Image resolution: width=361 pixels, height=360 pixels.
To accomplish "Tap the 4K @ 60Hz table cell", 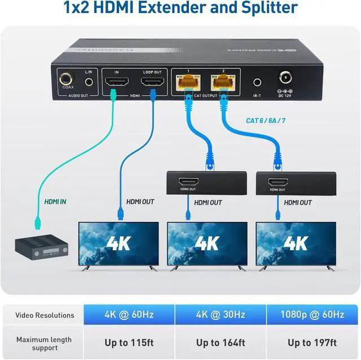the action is pos(129,315).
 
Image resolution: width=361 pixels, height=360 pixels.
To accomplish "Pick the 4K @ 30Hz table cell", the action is pos(221,315).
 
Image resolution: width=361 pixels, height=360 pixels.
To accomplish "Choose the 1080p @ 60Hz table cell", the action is pos(312,315).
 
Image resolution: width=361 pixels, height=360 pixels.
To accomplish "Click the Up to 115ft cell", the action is pos(129,343).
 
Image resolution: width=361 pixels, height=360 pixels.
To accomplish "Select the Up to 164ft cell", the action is pos(221,343).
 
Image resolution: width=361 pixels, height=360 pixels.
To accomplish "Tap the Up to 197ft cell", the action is pos(312,343).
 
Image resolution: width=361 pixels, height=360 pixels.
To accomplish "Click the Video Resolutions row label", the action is pos(45,315).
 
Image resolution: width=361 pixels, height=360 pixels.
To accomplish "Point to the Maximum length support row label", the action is pos(44,344).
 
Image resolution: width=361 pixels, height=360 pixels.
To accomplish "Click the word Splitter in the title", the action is pos(269,8).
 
